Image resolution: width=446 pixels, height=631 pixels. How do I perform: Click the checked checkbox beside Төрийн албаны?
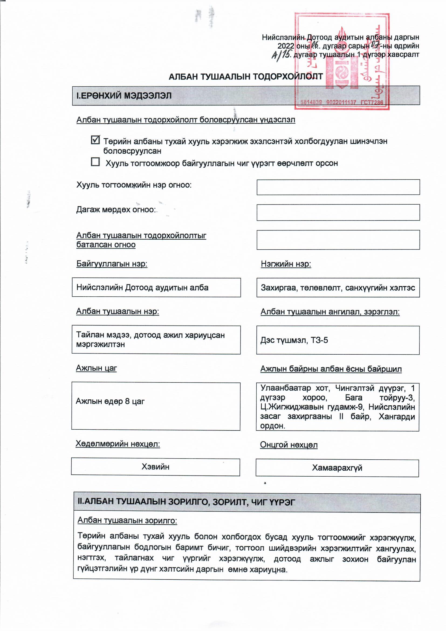[x=95, y=140]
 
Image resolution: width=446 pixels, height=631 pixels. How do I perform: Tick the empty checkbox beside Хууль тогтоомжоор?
[x=95, y=162]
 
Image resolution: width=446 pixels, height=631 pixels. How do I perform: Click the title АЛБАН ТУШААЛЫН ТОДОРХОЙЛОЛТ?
[x=246, y=77]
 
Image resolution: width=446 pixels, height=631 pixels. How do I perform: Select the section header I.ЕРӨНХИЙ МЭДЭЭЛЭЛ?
[x=124, y=96]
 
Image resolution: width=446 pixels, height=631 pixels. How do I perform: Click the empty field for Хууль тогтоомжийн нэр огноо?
[x=338, y=187]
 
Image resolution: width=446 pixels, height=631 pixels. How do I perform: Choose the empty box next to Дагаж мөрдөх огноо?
[x=338, y=212]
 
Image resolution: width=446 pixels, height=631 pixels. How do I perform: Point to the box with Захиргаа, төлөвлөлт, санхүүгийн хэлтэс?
[x=338, y=288]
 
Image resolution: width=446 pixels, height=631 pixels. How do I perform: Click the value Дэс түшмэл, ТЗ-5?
[x=294, y=340]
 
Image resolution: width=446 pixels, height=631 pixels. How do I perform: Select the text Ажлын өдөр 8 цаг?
[x=110, y=401]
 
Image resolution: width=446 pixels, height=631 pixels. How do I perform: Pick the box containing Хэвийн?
[x=155, y=467]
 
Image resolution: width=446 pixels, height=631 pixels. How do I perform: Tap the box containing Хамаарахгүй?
[x=337, y=468]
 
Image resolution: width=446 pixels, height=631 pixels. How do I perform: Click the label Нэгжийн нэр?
[x=286, y=264]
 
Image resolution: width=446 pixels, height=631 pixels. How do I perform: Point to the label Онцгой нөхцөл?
[x=289, y=445]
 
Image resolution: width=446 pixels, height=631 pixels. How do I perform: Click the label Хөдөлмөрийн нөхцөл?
[x=118, y=444]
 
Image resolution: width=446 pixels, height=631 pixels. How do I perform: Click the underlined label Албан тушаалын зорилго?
[x=127, y=520]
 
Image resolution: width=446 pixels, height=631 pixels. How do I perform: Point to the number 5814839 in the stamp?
[x=311, y=102]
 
